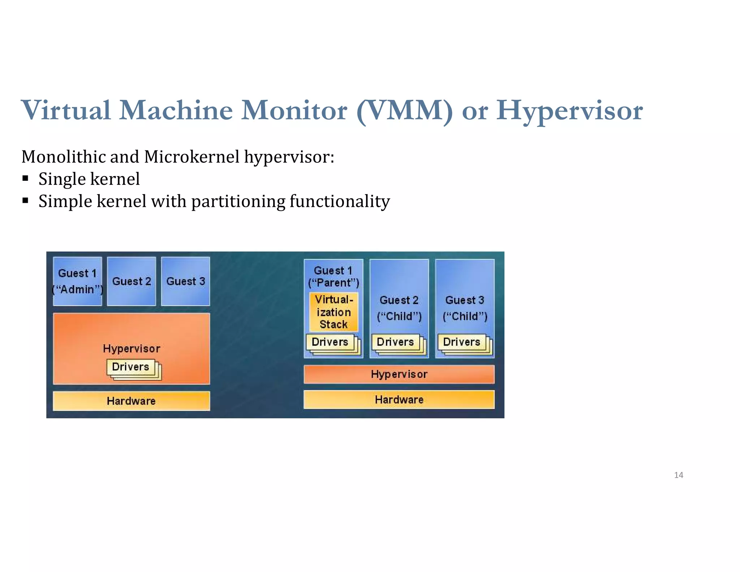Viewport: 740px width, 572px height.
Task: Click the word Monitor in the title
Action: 294,111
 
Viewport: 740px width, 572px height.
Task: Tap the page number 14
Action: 678,475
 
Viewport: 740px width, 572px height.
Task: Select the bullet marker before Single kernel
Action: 25,178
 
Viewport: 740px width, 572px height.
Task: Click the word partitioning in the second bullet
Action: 238,201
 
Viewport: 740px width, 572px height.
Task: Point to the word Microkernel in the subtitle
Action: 192,157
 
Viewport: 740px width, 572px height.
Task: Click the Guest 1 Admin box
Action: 77,281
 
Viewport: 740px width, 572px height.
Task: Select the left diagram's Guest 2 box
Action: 132,281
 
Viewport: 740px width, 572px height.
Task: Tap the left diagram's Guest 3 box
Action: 185,281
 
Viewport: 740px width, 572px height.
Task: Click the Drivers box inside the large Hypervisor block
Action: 131,367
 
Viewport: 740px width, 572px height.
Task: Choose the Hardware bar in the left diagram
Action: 131,401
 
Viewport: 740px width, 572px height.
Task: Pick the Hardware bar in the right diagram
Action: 399,400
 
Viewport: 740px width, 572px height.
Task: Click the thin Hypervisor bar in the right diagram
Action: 399,374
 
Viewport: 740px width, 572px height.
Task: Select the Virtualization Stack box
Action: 334,312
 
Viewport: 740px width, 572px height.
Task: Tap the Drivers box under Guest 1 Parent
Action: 330,342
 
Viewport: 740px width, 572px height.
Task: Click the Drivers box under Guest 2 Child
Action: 395,342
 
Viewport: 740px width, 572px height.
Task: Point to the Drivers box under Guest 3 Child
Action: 461,342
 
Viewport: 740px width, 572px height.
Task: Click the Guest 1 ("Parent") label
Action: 333,277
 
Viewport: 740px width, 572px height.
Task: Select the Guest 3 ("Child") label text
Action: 465,308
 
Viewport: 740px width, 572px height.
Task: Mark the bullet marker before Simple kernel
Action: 25,201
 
